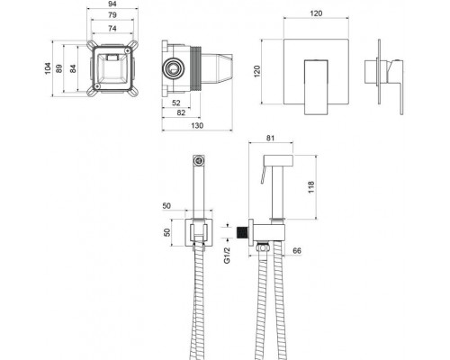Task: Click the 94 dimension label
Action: pos(112,4)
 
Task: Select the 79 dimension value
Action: pos(112,15)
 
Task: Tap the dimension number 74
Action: pos(112,29)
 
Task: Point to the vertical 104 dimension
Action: pos(48,68)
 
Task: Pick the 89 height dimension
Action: pos(59,68)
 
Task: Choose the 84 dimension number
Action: pos(73,68)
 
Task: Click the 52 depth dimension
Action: pos(176,103)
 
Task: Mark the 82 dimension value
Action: pos(181,112)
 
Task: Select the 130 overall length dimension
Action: pos(197,125)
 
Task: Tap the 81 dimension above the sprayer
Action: pos(270,139)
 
